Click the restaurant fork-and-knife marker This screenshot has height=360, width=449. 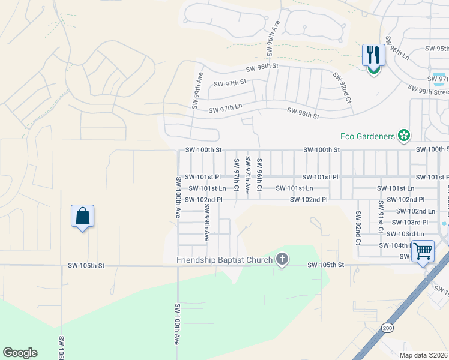click(373, 56)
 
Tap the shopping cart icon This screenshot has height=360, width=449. click(423, 250)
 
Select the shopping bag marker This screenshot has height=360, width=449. click(82, 216)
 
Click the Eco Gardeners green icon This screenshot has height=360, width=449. click(405, 136)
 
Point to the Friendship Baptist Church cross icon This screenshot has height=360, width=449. click(282, 260)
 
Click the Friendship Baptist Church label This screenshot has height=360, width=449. click(225, 260)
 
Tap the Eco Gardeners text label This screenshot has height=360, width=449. click(368, 136)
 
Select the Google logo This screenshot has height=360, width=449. click(20, 353)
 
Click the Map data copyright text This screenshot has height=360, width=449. click(423, 355)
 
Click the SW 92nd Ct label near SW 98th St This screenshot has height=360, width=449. click(342, 88)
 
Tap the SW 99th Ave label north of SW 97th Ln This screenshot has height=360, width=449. click(195, 91)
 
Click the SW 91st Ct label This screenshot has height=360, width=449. click(380, 216)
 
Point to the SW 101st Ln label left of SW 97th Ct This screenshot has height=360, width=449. click(207, 188)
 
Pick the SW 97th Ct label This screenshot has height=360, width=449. click(237, 174)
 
